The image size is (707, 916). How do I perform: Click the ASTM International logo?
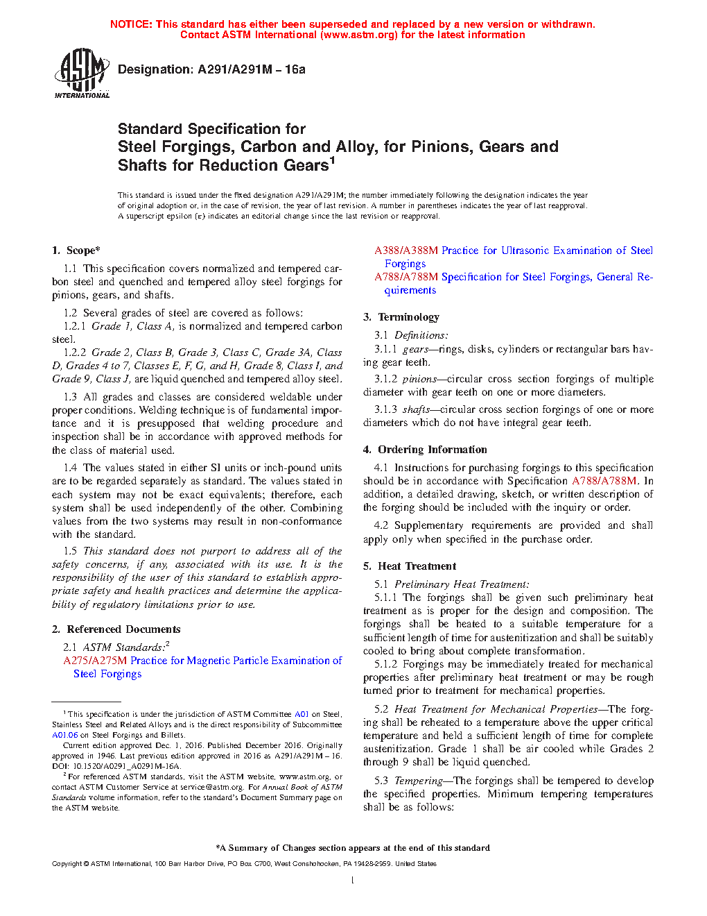pos(82,73)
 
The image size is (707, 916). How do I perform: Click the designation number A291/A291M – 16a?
pos(251,69)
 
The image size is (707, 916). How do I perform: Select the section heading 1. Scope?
pos(76,251)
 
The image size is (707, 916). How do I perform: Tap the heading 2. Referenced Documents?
pos(116,629)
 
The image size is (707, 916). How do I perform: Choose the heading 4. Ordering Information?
pos(425,450)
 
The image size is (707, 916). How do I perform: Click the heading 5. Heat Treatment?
pos(410,566)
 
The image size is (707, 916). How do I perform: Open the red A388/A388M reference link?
pos(406,251)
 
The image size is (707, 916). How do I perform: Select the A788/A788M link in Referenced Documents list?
pos(406,277)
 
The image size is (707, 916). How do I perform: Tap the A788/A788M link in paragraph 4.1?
pos(604,481)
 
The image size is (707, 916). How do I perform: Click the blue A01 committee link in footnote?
pos(302,714)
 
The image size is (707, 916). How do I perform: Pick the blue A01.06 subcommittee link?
pos(64,735)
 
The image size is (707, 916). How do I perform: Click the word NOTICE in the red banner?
pos(131,24)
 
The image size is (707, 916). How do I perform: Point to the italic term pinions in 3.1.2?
pos(419,379)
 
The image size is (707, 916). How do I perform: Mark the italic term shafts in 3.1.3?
pos(416,409)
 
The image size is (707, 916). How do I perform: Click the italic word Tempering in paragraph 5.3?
pos(419,781)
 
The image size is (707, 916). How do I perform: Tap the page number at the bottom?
pos(353,881)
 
